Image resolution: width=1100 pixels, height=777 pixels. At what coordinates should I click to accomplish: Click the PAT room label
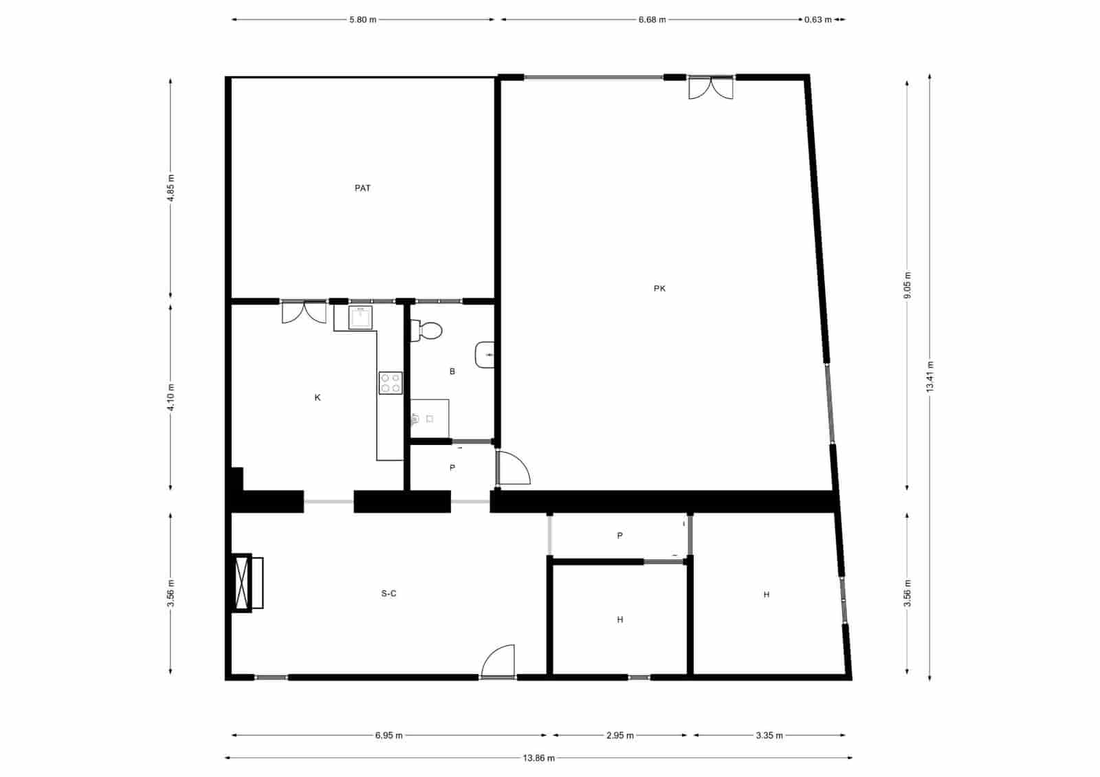point(362,188)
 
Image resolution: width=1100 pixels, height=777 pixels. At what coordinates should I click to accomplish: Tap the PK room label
point(659,289)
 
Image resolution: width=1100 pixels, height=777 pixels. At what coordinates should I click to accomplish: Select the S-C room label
point(388,593)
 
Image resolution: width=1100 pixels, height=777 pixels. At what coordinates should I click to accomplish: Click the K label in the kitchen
point(318,397)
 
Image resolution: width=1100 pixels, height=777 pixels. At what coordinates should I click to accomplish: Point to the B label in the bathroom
point(452,371)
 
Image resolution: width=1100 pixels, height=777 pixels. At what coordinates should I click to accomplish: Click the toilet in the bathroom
point(427,331)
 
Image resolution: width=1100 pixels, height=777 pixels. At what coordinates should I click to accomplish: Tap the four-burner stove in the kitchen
point(390,383)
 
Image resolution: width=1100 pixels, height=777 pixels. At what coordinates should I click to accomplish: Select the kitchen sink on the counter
point(360,318)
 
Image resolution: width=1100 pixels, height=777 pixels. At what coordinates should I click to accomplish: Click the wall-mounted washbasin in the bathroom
point(484,355)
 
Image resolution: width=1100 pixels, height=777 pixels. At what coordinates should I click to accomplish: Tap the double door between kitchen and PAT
point(304,312)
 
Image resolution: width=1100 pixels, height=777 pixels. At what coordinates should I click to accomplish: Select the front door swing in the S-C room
point(499,662)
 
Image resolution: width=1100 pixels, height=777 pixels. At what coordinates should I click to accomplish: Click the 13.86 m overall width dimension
point(538,758)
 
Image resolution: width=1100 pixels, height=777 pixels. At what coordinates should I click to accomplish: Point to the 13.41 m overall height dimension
point(929,376)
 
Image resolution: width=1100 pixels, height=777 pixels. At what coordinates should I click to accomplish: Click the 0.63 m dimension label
point(818,20)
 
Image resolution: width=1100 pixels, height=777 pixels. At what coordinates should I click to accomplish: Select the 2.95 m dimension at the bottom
point(619,735)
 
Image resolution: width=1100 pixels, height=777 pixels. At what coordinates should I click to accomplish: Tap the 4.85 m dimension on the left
point(170,187)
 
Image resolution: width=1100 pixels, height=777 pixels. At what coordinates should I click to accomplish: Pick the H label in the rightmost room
point(767,595)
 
